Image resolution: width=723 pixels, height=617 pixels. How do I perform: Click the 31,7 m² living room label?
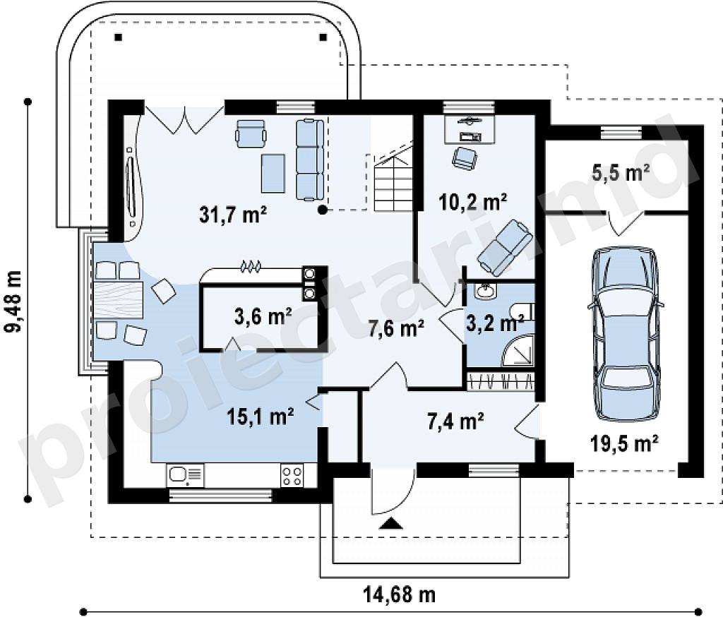tap(233, 215)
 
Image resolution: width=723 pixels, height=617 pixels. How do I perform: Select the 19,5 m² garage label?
tap(624, 443)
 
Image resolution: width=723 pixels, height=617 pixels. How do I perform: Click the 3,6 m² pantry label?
tap(263, 316)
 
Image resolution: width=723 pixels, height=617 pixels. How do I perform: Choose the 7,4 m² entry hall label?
tap(455, 421)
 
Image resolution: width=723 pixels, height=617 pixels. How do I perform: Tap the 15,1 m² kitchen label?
tap(261, 417)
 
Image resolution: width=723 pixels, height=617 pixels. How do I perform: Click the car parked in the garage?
tap(626, 333)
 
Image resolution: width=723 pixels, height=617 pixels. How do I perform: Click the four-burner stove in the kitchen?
tap(292, 476)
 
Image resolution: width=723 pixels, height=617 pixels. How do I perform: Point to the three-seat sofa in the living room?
tap(310, 160)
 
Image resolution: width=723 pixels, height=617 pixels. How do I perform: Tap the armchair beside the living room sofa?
tap(251, 133)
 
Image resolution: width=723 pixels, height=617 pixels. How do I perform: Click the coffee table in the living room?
tap(273, 174)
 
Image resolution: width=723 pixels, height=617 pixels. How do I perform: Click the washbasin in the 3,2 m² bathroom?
tap(485, 291)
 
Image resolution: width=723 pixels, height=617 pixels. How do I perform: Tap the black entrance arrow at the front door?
tap(391, 523)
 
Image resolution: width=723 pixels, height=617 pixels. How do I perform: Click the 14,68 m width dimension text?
tap(400, 595)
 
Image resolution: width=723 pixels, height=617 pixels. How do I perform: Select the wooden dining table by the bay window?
tap(119, 300)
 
